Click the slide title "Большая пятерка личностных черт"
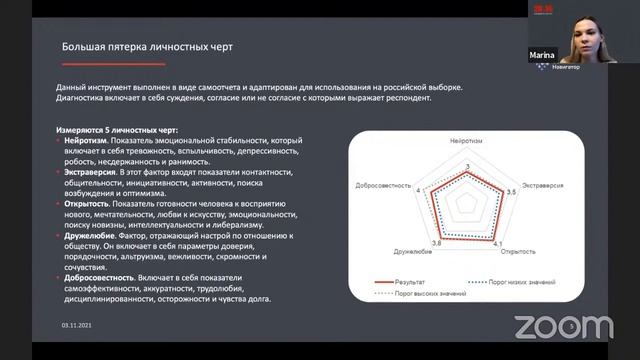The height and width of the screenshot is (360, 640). pos(149,46)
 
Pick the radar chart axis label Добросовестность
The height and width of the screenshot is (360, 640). pos(381,186)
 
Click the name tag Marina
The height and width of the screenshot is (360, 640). pos(541,56)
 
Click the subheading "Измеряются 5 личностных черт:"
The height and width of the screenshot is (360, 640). pos(118,130)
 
